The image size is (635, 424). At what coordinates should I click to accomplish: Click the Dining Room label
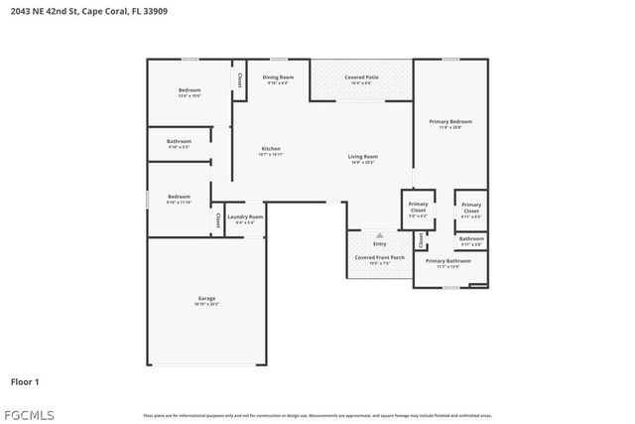(x=278, y=77)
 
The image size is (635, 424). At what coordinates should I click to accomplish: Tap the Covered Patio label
(x=361, y=77)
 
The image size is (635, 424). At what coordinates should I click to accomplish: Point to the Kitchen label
(x=271, y=150)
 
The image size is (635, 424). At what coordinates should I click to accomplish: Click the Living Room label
(x=362, y=157)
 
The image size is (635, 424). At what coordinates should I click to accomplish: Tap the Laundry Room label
(x=245, y=216)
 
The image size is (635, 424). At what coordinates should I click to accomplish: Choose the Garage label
(x=206, y=298)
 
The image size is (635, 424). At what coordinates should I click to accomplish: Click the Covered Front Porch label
(x=380, y=258)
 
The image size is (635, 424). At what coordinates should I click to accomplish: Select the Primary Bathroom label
(x=448, y=261)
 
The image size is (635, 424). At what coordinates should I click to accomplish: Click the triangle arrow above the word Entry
(x=379, y=234)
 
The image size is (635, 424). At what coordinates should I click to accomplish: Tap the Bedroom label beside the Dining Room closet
(x=190, y=90)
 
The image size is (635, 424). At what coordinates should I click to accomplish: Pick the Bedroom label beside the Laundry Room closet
(x=179, y=197)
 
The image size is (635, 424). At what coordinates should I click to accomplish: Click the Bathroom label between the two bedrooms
(x=179, y=142)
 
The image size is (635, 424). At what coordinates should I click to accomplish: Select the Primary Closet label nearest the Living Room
(x=418, y=208)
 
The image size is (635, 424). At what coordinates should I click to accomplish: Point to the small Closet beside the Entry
(x=421, y=239)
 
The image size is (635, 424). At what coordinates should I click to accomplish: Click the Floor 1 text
(x=25, y=381)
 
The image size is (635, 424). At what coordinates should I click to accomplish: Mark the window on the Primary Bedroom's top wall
(x=450, y=60)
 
